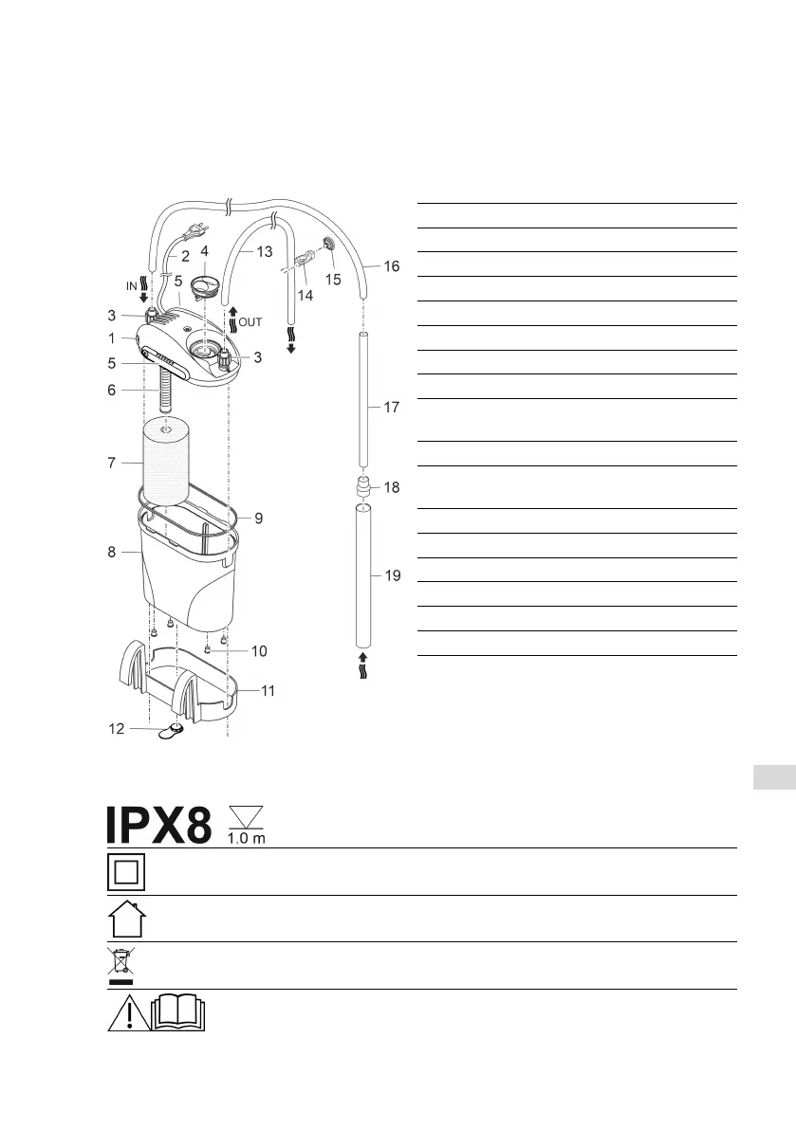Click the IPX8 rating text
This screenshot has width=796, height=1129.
pos(159,825)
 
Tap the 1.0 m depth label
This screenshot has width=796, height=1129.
pos(247,838)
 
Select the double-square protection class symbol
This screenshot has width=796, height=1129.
pos(126,872)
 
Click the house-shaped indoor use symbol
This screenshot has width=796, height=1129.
pos(127,919)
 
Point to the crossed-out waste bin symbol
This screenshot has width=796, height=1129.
pos(120,966)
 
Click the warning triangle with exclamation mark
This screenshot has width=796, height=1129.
pos(129,1012)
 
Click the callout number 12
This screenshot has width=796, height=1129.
pos(117,729)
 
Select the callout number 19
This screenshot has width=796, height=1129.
pos(393,575)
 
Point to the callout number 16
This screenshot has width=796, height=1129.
pos(391,266)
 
